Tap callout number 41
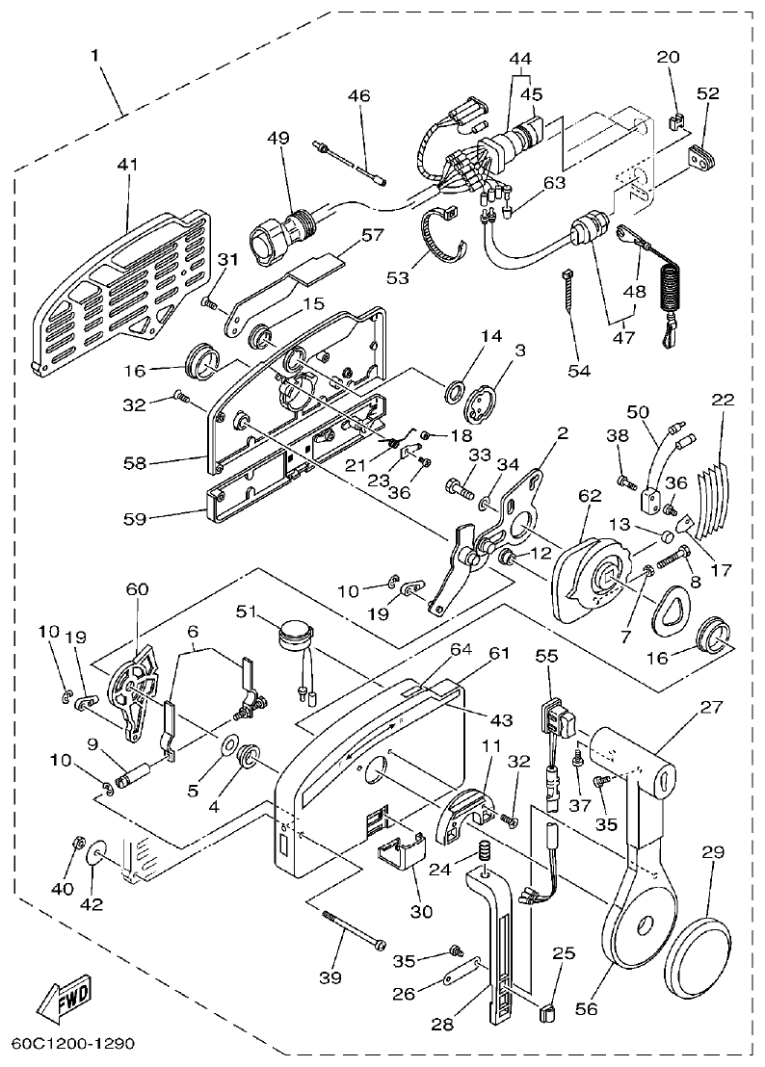pos(127,165)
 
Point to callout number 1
pos(95,55)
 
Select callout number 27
pos(711,708)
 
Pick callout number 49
pos(278,138)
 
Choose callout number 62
pos(590,496)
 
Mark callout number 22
pos(723,399)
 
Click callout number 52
pos(708,93)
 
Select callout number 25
pos(564,954)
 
